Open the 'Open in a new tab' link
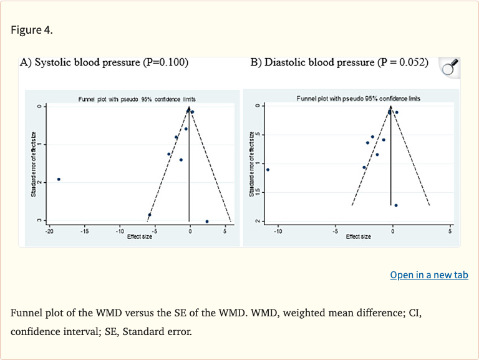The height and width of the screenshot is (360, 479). pos(428,275)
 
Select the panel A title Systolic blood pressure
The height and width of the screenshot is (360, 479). pos(104,62)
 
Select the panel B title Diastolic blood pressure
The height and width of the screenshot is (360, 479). pos(339,62)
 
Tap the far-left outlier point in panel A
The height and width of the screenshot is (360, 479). pos(59,179)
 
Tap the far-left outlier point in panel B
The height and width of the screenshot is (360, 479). pos(268,170)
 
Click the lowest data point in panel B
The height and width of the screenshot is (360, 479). pos(396,205)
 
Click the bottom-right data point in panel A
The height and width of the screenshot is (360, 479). pos(206,221)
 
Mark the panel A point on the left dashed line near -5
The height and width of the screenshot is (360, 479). pos(150,215)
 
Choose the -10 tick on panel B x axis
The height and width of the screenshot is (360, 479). pos(278,231)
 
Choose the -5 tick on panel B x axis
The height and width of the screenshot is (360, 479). pos(335,231)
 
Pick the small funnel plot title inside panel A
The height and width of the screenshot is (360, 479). pos(137,99)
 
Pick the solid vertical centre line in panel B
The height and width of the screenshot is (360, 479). pos(390,162)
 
